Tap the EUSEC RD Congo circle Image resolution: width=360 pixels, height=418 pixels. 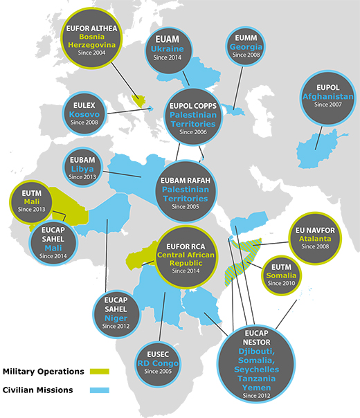(163, 359)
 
